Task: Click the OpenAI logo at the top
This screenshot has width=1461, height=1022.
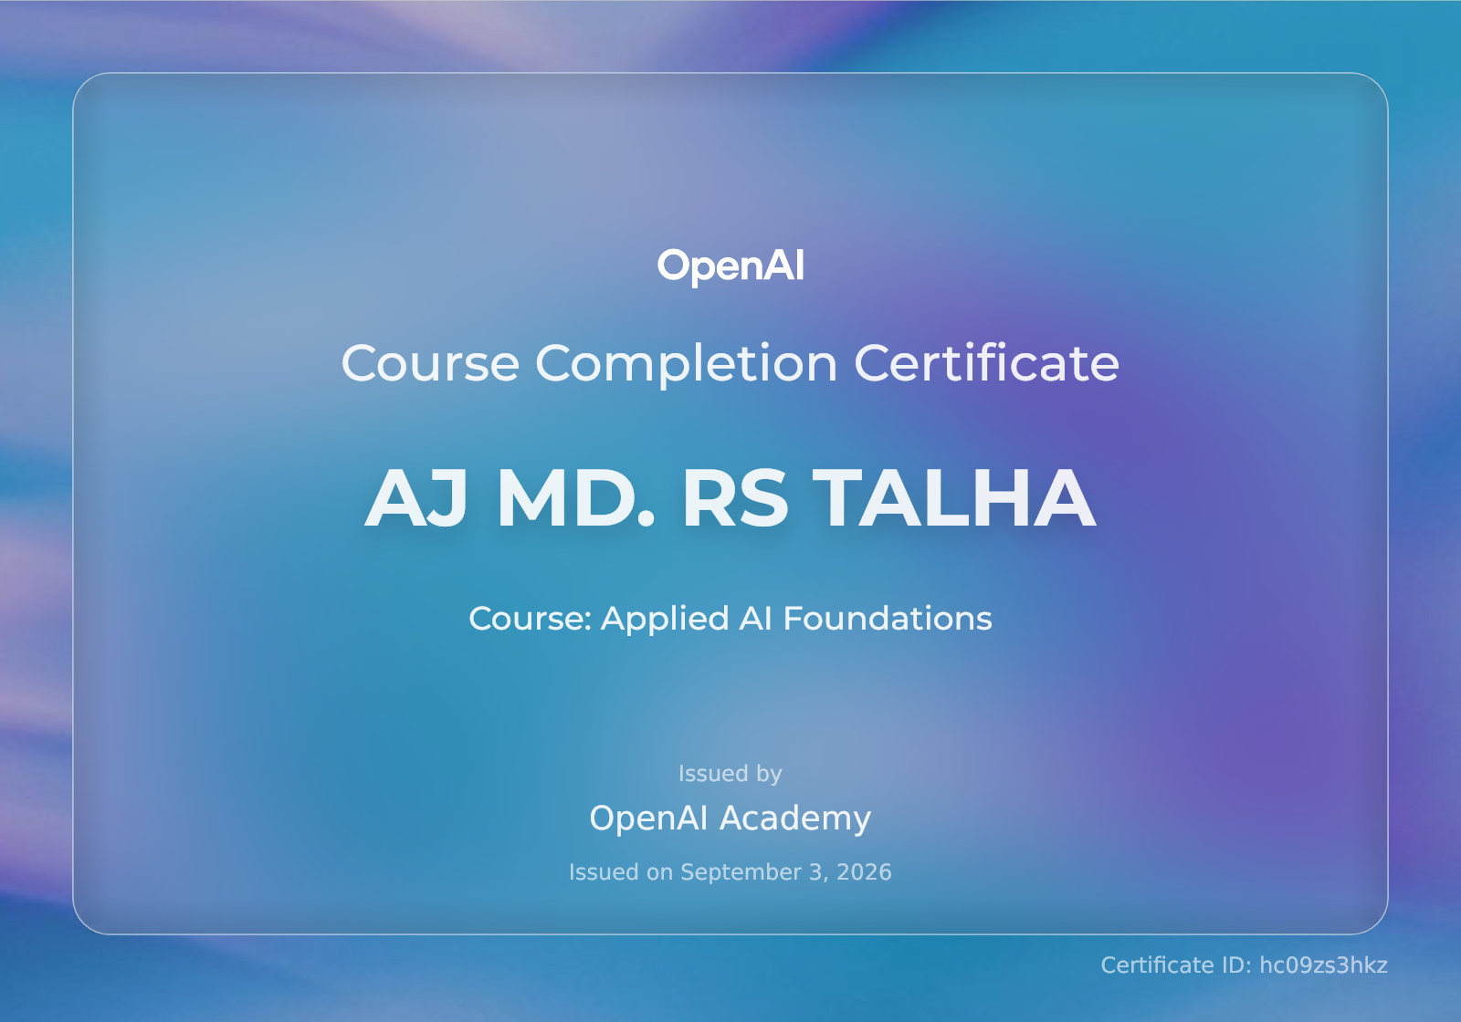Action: [730, 266]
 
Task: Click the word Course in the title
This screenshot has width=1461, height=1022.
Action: [430, 363]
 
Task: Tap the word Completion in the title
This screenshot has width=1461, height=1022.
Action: [686, 364]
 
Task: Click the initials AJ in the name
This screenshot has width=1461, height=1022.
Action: [416, 497]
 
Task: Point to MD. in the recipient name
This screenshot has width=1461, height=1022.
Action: [575, 497]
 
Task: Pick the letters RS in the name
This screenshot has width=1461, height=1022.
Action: [734, 497]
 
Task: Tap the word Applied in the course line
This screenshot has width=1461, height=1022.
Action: [665, 620]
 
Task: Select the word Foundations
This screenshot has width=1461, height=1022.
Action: [887, 618]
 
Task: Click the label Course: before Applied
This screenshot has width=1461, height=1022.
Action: [530, 619]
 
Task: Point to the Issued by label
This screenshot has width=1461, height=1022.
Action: [730, 774]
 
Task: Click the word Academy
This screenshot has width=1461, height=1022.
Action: [795, 819]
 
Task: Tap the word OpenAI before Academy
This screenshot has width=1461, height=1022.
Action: [648, 818]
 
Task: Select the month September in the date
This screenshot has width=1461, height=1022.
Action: [741, 873]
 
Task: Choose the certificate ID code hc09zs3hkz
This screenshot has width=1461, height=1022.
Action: [1323, 965]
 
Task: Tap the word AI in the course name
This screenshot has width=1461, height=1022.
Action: [755, 618]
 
